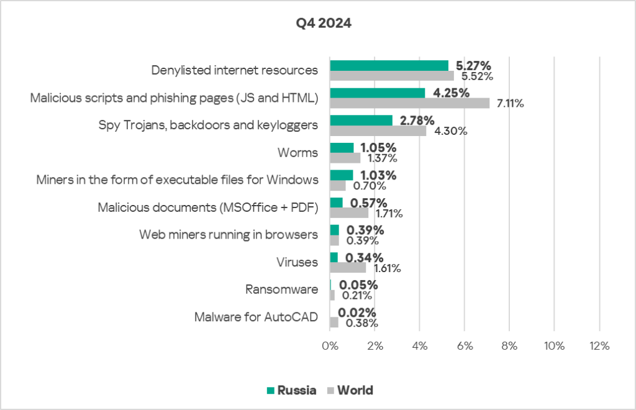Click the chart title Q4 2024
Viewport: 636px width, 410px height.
click(x=323, y=25)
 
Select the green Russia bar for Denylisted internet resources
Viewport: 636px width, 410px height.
click(x=389, y=66)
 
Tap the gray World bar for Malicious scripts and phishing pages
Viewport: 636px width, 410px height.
click(x=409, y=103)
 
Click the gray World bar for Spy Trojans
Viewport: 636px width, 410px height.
click(x=378, y=131)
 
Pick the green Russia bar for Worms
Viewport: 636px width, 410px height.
click(x=342, y=148)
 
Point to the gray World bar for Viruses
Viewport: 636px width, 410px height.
click(x=348, y=268)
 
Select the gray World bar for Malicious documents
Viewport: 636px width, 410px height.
click(x=349, y=213)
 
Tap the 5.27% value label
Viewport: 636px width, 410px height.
click(x=473, y=65)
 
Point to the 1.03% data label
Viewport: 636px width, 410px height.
click(x=379, y=176)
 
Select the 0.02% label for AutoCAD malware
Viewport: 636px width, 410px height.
click(x=357, y=313)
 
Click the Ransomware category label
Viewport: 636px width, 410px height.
click(x=282, y=289)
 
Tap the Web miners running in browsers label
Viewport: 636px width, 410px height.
click(x=229, y=235)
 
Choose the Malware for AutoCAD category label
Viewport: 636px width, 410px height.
click(x=256, y=317)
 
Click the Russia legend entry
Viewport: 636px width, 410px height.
click(x=291, y=391)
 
